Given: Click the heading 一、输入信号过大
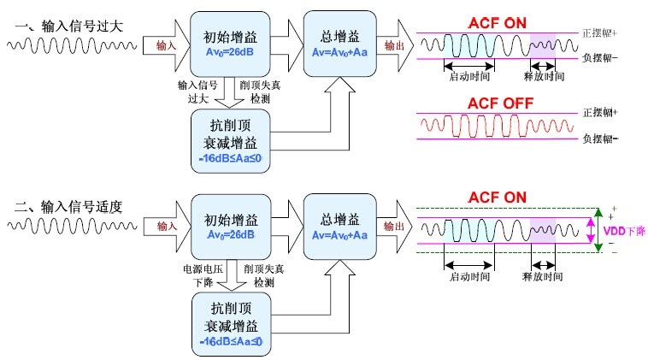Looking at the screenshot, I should (x=68, y=26).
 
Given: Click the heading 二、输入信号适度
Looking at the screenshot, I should (x=68, y=206).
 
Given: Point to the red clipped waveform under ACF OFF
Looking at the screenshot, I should (x=496, y=127).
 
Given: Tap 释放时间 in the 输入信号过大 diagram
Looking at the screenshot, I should (x=543, y=76).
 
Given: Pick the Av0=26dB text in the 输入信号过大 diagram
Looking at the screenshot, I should (x=228, y=50).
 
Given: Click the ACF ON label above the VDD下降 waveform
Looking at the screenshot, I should (x=495, y=198).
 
